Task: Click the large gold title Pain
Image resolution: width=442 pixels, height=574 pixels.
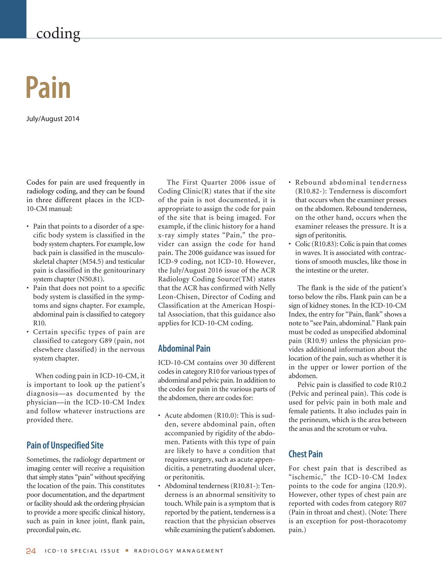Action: point(48,88)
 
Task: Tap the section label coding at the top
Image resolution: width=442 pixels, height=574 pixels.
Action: point(58,33)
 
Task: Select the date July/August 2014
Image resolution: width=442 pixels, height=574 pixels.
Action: point(53,119)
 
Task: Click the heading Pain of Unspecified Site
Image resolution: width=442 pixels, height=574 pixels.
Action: point(65,445)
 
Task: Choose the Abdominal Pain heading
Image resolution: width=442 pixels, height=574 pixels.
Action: point(184,349)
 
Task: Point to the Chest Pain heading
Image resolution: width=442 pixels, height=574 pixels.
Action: point(305,454)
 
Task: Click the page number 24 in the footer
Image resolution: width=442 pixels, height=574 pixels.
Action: point(31,551)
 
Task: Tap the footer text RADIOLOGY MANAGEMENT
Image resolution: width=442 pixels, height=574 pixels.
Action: point(179,551)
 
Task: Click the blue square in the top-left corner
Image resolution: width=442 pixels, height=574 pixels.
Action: point(13,19)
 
